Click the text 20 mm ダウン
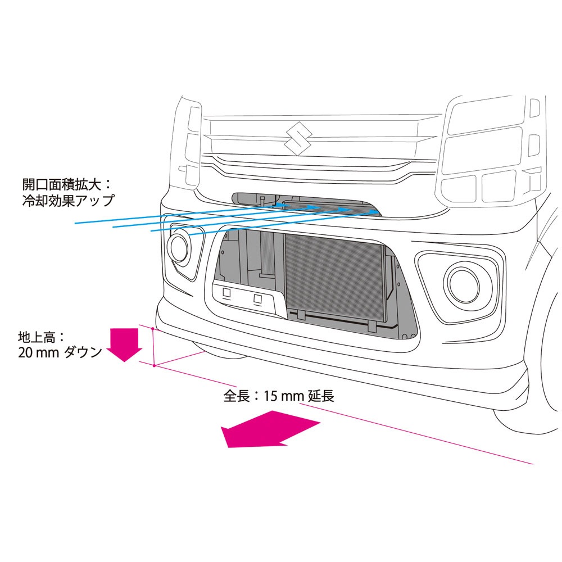click(60, 353)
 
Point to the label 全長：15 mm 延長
click(279, 396)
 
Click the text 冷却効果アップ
click(68, 201)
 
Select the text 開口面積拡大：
click(67, 184)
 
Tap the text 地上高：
click(42, 337)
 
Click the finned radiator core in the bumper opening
click(335, 278)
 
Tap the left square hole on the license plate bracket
click(226, 292)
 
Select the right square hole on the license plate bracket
click(258, 298)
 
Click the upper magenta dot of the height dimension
click(153, 328)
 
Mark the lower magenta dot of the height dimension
click(154, 366)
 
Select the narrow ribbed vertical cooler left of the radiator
click(267, 254)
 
